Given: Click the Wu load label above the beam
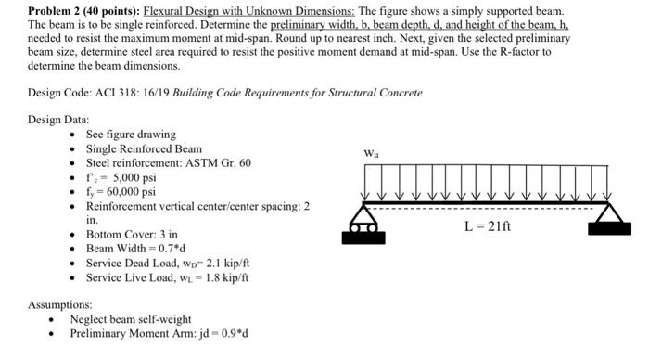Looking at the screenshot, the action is tap(371, 152).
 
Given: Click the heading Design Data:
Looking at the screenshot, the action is tap(58, 120).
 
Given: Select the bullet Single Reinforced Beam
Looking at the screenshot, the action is tap(144, 148).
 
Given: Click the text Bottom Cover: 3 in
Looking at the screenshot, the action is tap(132, 235).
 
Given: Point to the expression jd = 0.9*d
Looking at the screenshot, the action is tap(220, 333).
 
